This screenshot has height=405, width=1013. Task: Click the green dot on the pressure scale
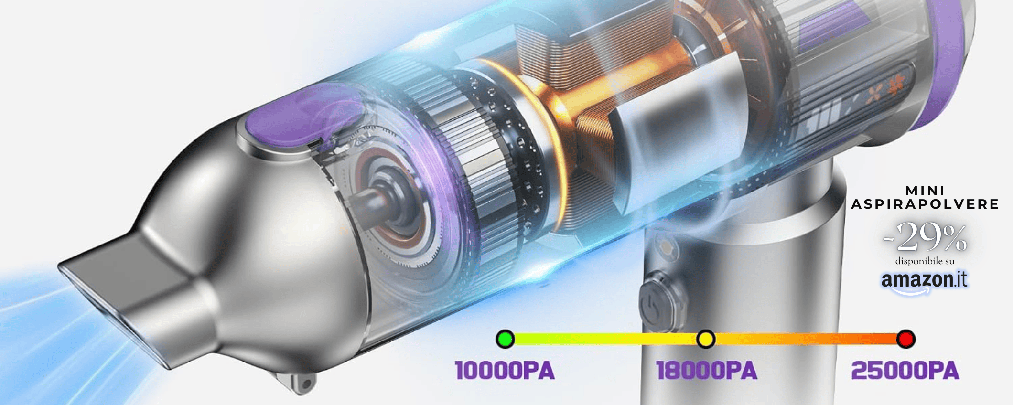[x=505, y=339]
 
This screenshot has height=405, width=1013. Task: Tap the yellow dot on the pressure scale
[x=706, y=339]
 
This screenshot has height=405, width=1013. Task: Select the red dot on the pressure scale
[x=905, y=339]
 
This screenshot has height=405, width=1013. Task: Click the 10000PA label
[x=505, y=371]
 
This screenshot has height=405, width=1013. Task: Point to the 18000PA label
[x=707, y=371]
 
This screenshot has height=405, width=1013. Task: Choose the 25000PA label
[x=905, y=371]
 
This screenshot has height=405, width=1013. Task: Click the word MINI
[x=925, y=191]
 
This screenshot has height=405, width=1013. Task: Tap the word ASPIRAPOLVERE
[x=925, y=204]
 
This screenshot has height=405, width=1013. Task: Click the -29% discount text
[x=925, y=237]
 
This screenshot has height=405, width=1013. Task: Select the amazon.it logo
[x=924, y=281]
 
